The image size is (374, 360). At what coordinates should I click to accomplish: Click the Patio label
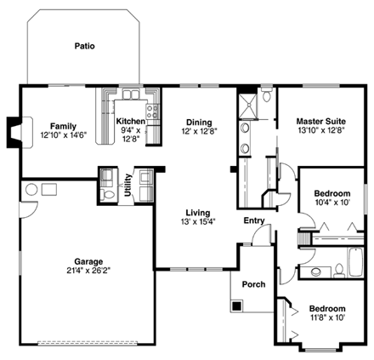(82, 43)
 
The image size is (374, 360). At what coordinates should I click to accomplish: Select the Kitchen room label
(131, 122)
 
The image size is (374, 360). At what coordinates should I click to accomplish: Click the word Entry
(253, 220)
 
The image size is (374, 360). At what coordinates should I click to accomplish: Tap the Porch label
(252, 283)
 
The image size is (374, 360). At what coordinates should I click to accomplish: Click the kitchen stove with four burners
(152, 108)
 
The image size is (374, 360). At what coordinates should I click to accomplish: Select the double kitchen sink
(131, 94)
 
